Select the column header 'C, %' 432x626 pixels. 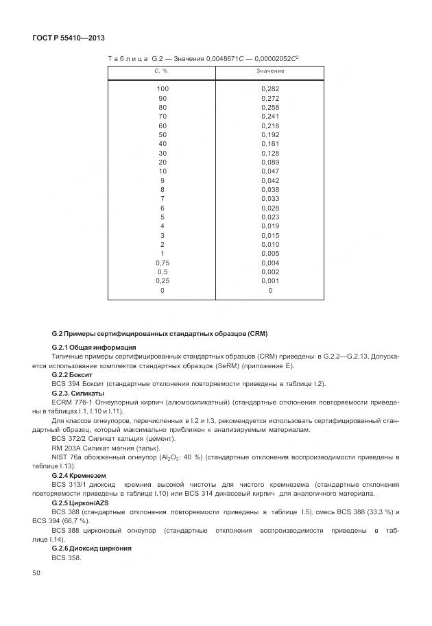click(161, 71)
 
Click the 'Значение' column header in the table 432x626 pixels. click(269, 71)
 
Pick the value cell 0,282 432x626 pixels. click(269, 89)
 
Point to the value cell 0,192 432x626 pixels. click(269, 135)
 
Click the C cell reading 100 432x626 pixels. click(162, 89)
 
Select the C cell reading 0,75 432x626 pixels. click(162, 263)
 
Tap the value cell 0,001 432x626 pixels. click(269, 281)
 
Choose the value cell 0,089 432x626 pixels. click(269, 162)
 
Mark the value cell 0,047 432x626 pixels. click(269, 171)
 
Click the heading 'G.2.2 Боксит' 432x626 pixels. click(71, 375)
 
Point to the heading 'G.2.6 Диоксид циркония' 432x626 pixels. click(91, 549)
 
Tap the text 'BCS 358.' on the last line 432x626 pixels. click(67, 557)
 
